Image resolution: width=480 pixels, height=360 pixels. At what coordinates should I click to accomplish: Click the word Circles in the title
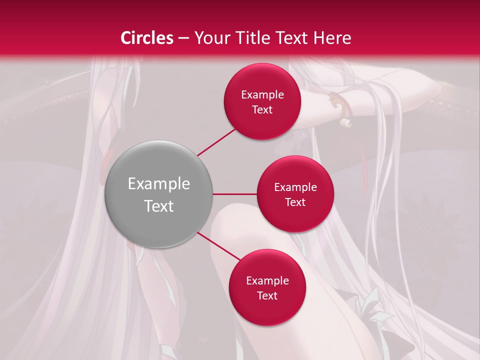(x=147, y=38)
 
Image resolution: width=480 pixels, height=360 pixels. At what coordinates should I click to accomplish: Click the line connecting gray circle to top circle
(x=217, y=142)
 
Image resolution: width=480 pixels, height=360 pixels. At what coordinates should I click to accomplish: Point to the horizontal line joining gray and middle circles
(x=234, y=194)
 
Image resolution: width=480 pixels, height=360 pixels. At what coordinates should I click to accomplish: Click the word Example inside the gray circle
(x=159, y=184)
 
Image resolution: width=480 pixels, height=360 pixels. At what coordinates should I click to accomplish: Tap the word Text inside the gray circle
(x=159, y=206)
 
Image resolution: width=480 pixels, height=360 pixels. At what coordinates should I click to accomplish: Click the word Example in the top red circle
(x=262, y=94)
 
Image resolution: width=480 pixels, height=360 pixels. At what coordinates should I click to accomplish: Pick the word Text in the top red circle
(x=262, y=109)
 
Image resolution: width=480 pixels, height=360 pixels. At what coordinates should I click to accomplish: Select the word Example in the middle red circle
(x=295, y=187)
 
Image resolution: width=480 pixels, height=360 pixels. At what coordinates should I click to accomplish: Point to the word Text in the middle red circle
(x=295, y=202)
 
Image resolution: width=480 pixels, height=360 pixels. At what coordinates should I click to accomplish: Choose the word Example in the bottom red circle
(x=267, y=280)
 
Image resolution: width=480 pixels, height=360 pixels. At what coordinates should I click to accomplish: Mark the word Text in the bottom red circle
(x=267, y=295)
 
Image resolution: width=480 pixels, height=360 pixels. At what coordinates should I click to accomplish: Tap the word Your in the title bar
(x=210, y=38)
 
